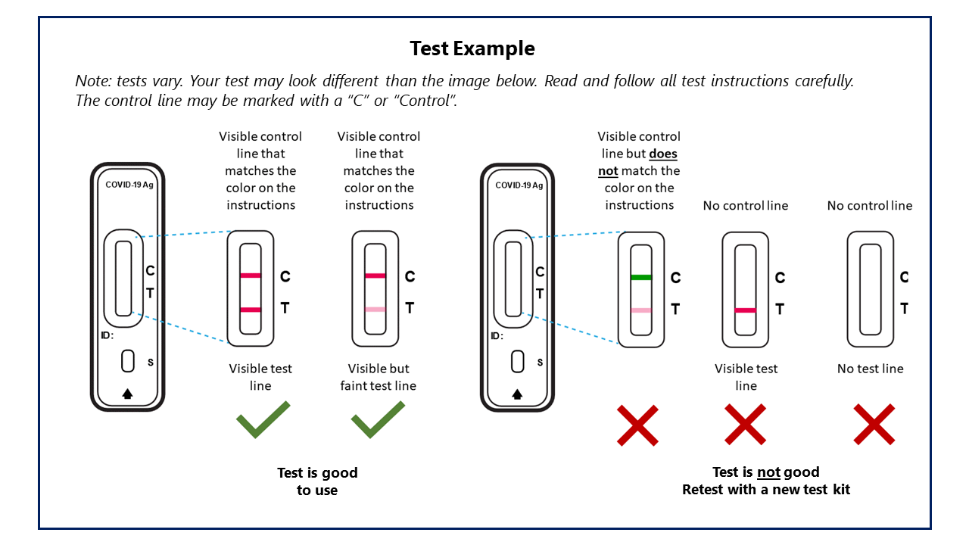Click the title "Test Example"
pyautogui.click(x=472, y=48)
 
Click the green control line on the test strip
pyautogui.click(x=640, y=277)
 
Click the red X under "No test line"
pyautogui.click(x=874, y=424)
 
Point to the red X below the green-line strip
pyautogui.click(x=637, y=425)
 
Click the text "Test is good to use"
pyautogui.click(x=317, y=481)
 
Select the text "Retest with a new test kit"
pyautogui.click(x=766, y=490)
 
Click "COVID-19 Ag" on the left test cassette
pyautogui.click(x=129, y=185)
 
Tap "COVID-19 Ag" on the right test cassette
pyautogui.click(x=519, y=185)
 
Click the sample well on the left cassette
pyautogui.click(x=128, y=361)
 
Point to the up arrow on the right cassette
pyautogui.click(x=518, y=394)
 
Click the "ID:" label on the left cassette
pyautogui.click(x=107, y=335)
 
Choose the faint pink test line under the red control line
pyautogui.click(x=375, y=309)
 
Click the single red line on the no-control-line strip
pyautogui.click(x=746, y=310)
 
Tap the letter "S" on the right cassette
pyautogui.click(x=540, y=363)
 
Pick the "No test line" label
pyautogui.click(x=870, y=369)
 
